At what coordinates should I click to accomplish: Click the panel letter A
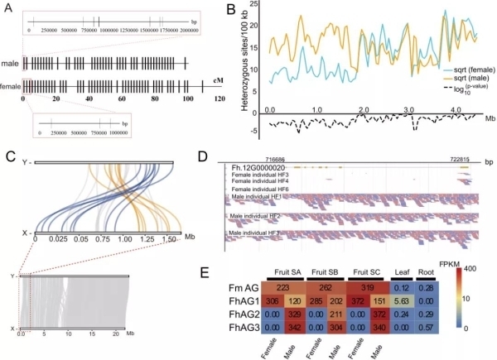click(x=7, y=7)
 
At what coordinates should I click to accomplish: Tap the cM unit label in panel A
click(x=219, y=80)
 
